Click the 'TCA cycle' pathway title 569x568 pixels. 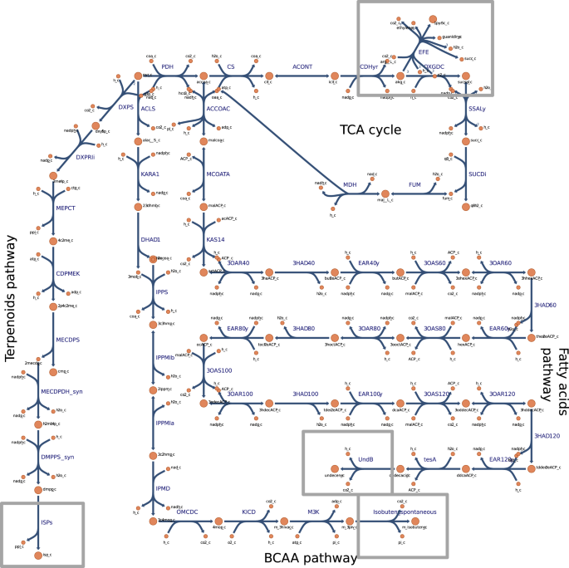pyautogui.click(x=370, y=130)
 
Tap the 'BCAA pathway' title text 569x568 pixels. pyautogui.click(x=310, y=558)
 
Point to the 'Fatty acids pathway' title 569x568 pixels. pyautogui.click(x=554, y=363)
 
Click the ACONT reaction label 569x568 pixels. pyautogui.click(x=302, y=66)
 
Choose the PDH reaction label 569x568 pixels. pyautogui.click(x=167, y=66)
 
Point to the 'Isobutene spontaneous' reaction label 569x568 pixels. pyautogui.click(x=404, y=512)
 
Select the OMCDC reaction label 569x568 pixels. pyautogui.click(x=187, y=512)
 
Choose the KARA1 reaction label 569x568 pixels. pyautogui.click(x=150, y=175)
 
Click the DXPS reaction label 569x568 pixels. pyautogui.click(x=126, y=106)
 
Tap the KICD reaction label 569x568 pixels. pyautogui.click(x=248, y=512)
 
